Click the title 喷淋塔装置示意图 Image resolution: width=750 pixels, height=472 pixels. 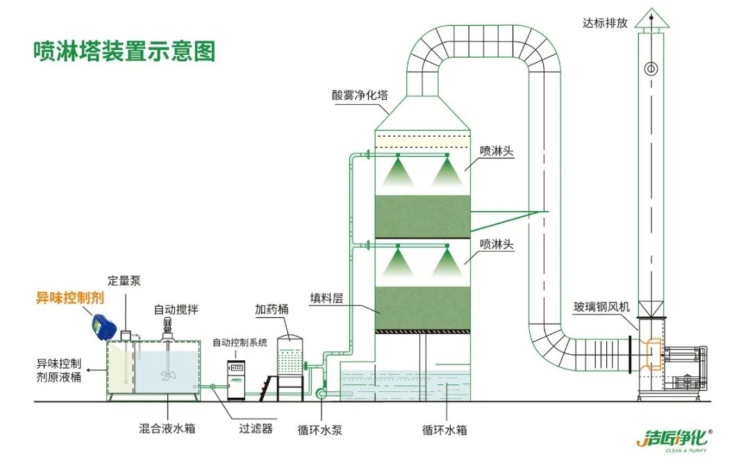point(124,51)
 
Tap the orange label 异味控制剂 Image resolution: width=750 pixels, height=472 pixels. point(69,298)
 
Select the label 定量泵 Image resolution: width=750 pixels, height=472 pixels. point(124,281)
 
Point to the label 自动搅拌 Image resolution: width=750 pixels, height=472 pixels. point(174,309)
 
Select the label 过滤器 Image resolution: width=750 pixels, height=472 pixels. point(256,428)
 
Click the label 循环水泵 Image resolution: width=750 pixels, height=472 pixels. point(320,430)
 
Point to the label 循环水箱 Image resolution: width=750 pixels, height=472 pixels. point(444,430)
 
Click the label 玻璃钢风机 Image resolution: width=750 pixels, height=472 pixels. point(601,306)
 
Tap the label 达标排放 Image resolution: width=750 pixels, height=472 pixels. point(606,23)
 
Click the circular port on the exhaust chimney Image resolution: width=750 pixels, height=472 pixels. point(651,68)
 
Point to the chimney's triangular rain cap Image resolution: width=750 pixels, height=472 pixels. point(651,19)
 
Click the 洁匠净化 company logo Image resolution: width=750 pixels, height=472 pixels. point(674,440)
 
